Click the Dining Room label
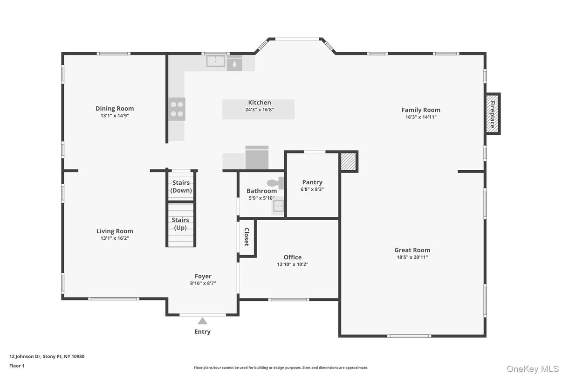(115, 109)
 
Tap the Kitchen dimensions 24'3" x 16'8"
(259, 110)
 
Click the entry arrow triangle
(202, 321)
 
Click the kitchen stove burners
(177, 109)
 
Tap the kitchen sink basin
(216, 61)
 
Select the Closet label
(247, 237)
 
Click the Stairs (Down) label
(181, 187)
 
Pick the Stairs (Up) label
(180, 223)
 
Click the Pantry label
(312, 182)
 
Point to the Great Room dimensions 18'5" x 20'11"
(412, 257)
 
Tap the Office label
(293, 257)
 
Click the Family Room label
(421, 110)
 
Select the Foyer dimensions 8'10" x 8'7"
(203, 283)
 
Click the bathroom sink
(278, 206)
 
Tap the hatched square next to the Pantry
(348, 162)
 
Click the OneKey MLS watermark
(533, 368)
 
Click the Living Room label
(115, 231)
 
